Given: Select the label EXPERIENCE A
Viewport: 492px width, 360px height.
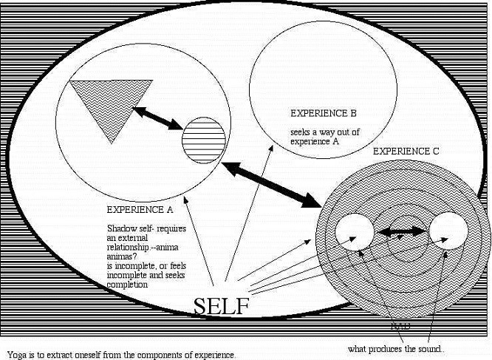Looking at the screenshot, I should pos(140,209).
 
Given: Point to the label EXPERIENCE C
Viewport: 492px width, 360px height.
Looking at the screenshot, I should pos(406,151).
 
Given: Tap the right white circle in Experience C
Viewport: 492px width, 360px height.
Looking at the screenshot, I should pos(448,231).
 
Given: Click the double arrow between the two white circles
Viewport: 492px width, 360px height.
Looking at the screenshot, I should pos(401,231).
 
